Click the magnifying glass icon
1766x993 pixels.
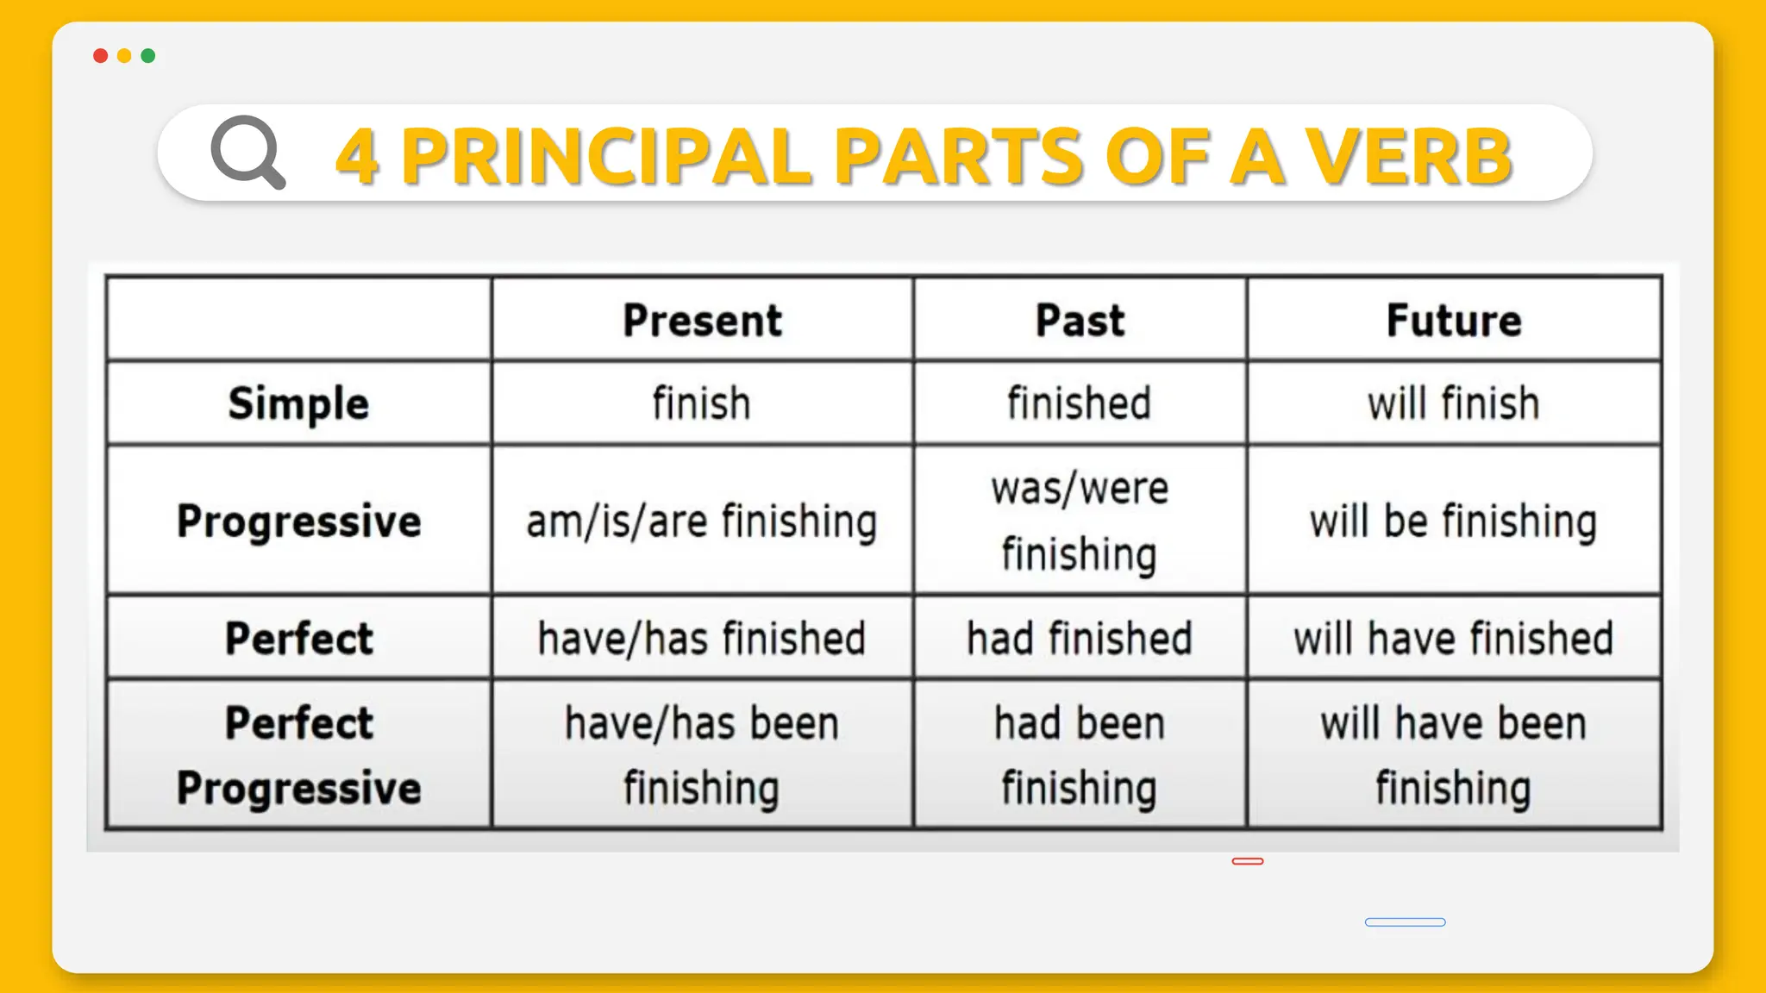[x=247, y=152]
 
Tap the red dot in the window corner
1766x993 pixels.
[x=100, y=56]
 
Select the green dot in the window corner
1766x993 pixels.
[x=148, y=56]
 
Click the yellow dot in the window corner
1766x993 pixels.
[x=124, y=56]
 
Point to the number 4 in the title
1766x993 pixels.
[x=357, y=156]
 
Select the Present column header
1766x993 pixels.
[x=702, y=320]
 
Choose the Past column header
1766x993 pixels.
[x=1080, y=320]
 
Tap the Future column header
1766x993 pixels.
[x=1454, y=320]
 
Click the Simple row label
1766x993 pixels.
[x=298, y=403]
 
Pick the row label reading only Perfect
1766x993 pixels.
[x=298, y=639]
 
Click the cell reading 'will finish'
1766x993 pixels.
[x=1454, y=403]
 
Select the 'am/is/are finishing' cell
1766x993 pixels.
[x=702, y=521]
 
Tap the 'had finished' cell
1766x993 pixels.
[x=1080, y=639]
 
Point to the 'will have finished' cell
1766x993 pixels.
[x=1454, y=639]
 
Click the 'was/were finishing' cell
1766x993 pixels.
[x=1080, y=521]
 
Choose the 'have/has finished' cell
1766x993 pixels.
[x=702, y=639]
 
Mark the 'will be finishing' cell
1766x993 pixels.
[x=1454, y=521]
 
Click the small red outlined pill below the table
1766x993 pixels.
[x=1248, y=861]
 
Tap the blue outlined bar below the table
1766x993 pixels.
[x=1405, y=922]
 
